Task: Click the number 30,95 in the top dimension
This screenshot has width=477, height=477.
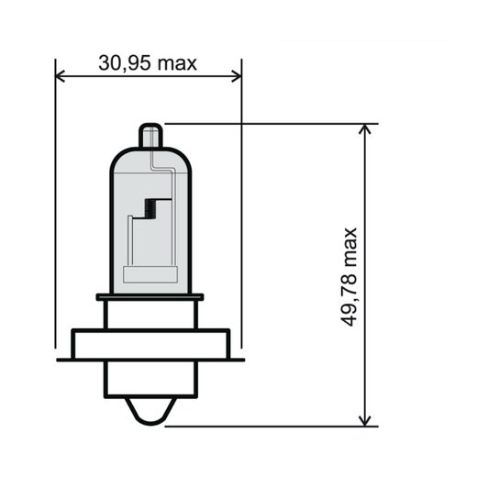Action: click(x=123, y=63)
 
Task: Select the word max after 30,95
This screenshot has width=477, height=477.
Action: click(x=177, y=63)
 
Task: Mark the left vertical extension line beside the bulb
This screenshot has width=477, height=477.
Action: click(x=56, y=211)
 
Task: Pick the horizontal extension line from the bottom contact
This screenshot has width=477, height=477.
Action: click(x=275, y=427)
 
